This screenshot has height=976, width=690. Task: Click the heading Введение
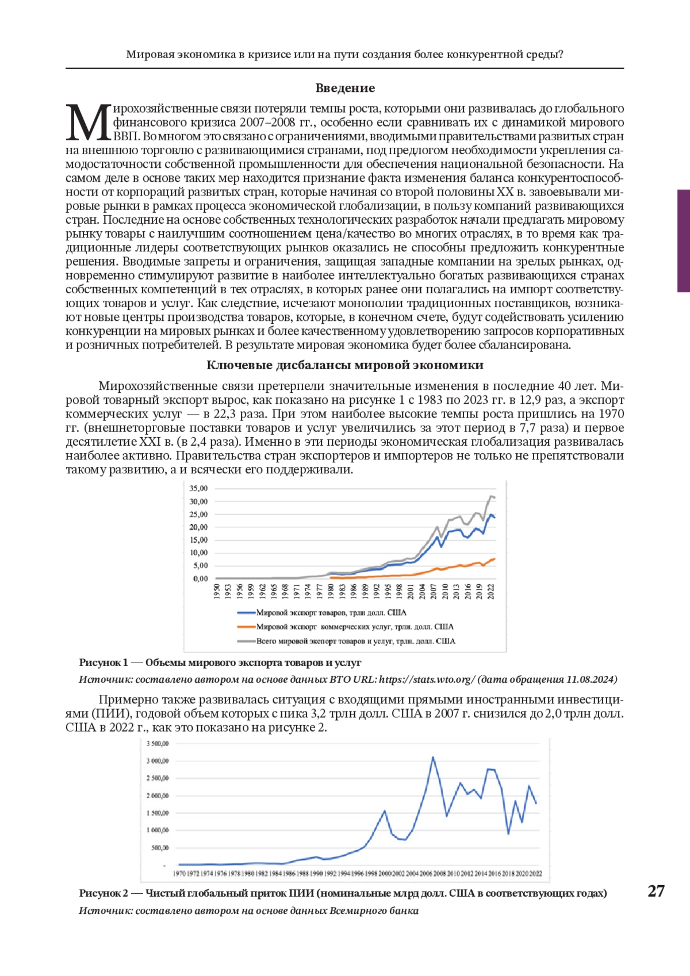coord(345,88)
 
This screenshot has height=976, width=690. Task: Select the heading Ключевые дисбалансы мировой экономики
coord(345,365)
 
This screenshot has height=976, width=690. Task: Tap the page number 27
coord(656,891)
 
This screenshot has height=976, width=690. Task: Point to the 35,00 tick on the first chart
coord(198,488)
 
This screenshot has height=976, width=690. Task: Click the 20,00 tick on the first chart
coord(198,527)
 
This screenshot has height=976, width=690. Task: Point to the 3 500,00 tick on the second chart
coord(158,744)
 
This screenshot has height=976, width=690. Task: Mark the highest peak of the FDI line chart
coord(433,757)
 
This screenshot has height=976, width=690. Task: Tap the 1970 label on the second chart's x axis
coord(179,874)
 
